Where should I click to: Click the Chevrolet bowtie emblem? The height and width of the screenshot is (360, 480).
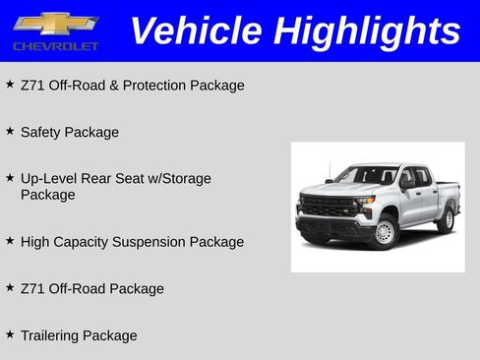pyautogui.click(x=55, y=24)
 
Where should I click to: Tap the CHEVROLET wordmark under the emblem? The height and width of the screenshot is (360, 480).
pyautogui.click(x=55, y=46)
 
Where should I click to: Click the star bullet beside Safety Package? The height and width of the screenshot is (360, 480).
pyautogui.click(x=10, y=131)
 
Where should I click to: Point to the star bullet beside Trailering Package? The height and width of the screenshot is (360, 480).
pyautogui.click(x=10, y=334)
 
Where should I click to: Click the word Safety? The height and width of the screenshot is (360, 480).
pyautogui.click(x=41, y=132)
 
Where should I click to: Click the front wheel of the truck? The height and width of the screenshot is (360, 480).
pyautogui.click(x=384, y=232)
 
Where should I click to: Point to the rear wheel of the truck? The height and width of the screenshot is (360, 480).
pyautogui.click(x=446, y=218)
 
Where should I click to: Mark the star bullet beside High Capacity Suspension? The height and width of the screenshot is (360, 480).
pyautogui.click(x=10, y=240)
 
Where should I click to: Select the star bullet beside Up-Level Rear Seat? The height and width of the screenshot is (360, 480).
pyautogui.click(x=10, y=178)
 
